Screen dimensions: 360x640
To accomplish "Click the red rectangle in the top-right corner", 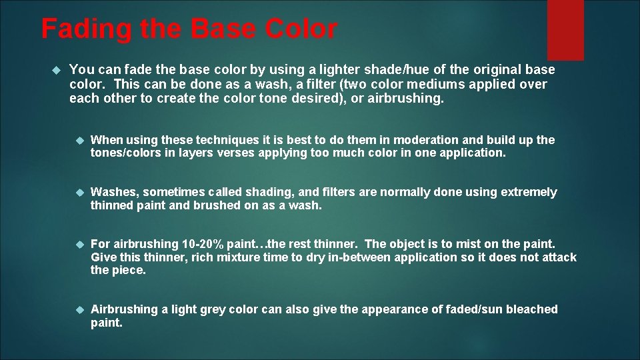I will [x=565, y=29].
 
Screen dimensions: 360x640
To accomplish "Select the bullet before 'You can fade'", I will [x=57, y=69].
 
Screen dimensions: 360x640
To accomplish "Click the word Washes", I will [x=113, y=192].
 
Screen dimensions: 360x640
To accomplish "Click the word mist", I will [x=473, y=244].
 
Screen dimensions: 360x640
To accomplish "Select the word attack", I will [x=557, y=257].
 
